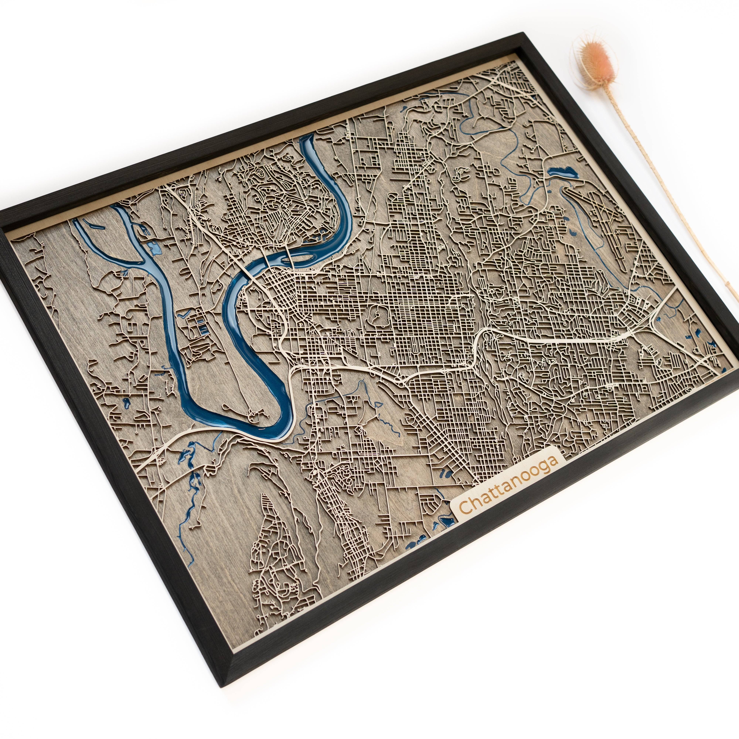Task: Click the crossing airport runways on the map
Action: pos(604,214)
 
